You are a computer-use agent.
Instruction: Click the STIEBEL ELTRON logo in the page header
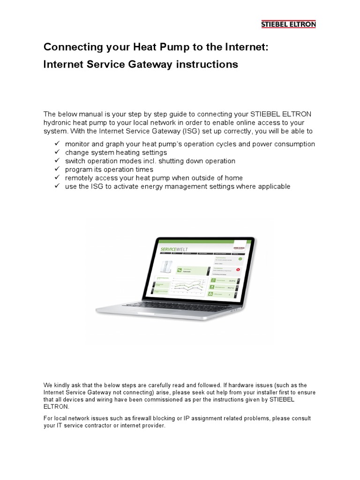coord(288,24)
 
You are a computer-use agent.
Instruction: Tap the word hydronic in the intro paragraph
coord(59,123)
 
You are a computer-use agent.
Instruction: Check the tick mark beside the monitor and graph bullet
coord(57,144)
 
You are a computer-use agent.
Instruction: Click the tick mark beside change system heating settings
coord(57,152)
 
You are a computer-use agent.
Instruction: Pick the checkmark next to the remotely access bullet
coord(57,178)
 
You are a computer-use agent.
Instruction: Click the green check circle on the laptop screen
coord(240,258)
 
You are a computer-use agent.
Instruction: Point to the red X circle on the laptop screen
coord(238,270)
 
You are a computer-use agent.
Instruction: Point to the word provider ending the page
coord(153,426)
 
